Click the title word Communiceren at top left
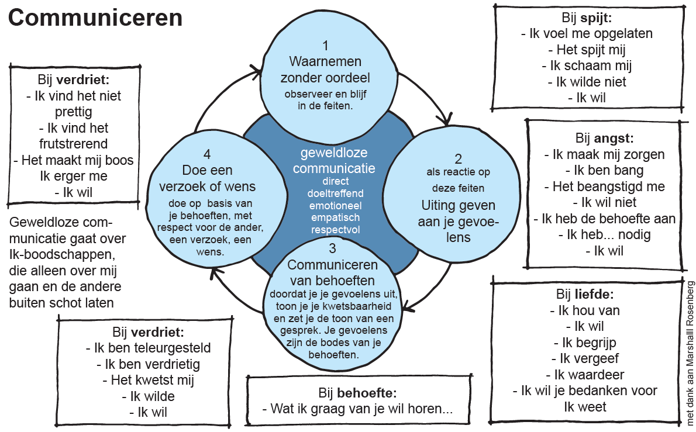[x=95, y=18]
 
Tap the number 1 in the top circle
[x=325, y=45]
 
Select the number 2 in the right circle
[x=458, y=159]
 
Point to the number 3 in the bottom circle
[x=332, y=248]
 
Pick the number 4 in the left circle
[x=207, y=154]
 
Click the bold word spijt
[x=595, y=18]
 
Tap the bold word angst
[x=614, y=139]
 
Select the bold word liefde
[x=594, y=294]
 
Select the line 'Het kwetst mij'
[x=148, y=380]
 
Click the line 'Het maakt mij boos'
[x=73, y=160]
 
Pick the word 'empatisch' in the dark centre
[x=335, y=218]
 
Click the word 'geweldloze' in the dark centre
[x=334, y=153]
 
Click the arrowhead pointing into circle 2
[x=445, y=119]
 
